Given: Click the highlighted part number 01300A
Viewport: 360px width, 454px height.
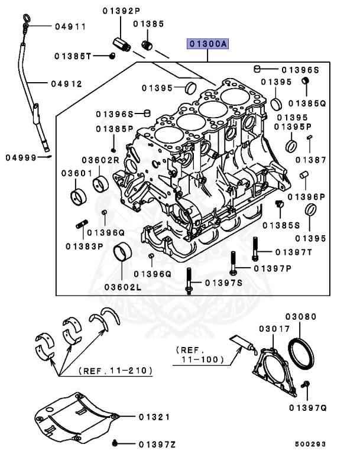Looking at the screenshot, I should [208, 43].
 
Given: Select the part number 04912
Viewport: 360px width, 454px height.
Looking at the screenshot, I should [66, 83].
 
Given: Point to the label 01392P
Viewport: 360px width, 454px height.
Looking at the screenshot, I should [121, 10].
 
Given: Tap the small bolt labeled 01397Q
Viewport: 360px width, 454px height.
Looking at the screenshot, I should [306, 385].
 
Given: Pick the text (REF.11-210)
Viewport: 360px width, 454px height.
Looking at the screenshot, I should [115, 371].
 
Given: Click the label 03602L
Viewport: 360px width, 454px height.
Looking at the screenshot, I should [123, 287].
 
